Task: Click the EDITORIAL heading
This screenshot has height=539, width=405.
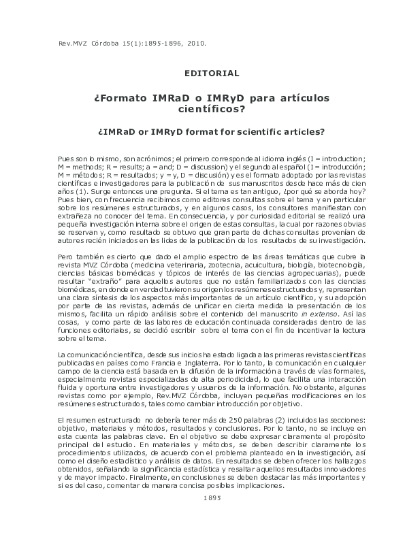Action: [212, 73]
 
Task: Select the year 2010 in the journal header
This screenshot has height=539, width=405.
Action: [193, 43]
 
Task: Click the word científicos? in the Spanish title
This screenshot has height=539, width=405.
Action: [212, 108]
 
